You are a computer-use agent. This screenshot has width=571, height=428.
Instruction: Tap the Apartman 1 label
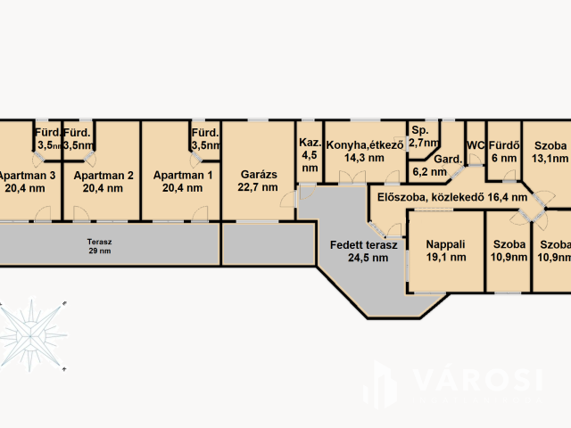[x=182, y=176]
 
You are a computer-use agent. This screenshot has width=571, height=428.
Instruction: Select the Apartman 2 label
[x=103, y=176]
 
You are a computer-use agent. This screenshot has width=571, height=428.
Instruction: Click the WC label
[x=476, y=145]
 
